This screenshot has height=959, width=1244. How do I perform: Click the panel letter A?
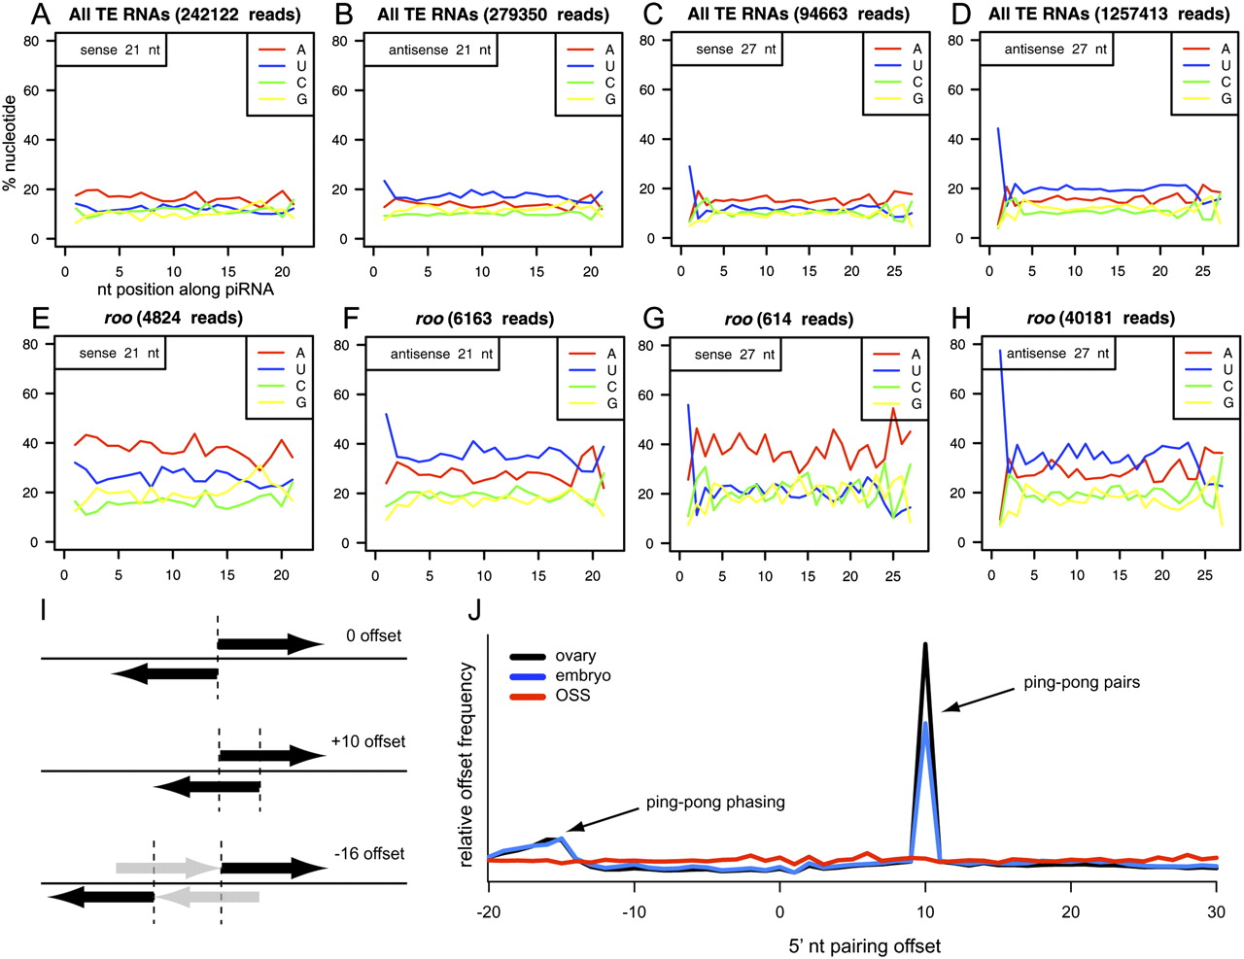42,14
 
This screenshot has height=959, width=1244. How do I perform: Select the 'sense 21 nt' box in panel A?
111,51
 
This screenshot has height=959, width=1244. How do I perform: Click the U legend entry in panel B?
593,66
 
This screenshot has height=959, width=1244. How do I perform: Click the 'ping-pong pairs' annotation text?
1082,682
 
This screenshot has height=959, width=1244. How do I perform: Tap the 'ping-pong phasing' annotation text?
715,804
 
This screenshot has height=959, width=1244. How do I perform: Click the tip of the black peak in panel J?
925,644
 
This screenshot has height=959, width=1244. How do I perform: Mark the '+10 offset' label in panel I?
368,741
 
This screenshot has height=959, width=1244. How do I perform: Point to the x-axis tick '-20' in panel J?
488,911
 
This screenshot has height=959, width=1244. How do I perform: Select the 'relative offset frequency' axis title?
466,765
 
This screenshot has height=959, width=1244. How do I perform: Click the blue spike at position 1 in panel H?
1000,352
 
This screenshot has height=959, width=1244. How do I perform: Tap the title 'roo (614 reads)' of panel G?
788,319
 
